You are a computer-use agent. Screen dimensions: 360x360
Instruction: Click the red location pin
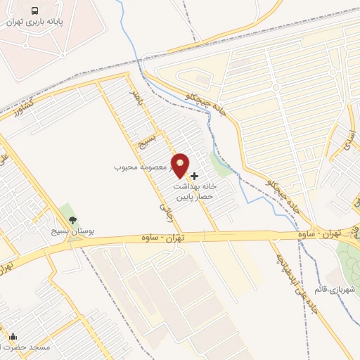point(181,165)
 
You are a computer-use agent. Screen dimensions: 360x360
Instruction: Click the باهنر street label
point(136,101)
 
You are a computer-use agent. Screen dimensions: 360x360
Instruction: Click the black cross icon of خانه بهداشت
point(194,175)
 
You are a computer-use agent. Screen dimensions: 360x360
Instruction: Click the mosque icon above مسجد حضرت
point(13,337)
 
